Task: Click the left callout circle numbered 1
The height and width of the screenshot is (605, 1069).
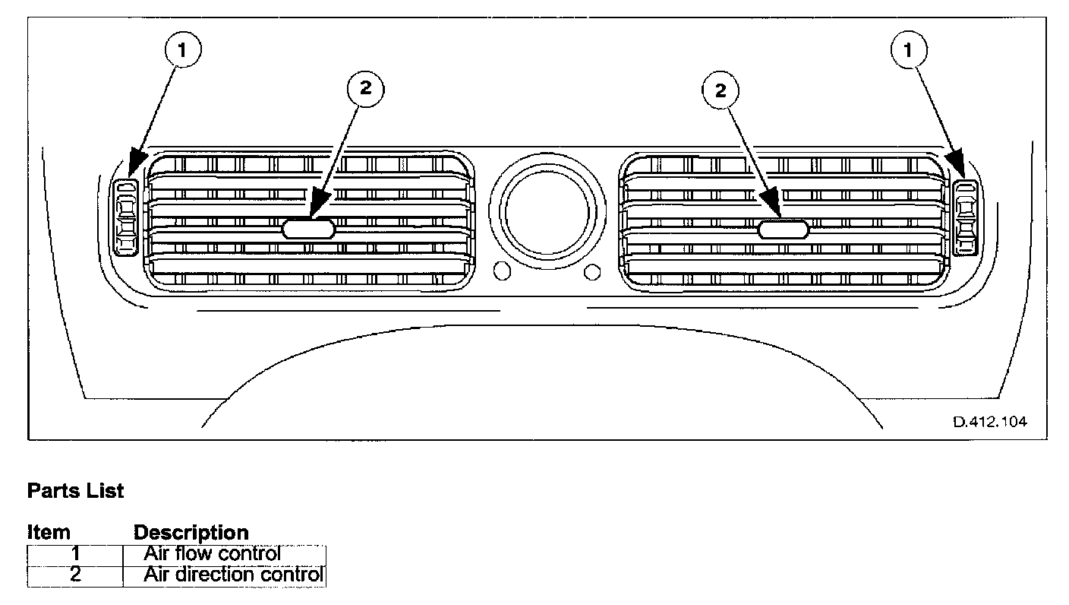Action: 181,51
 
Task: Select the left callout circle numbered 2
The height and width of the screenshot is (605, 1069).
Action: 365,89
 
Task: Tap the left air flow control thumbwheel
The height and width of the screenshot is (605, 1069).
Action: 125,217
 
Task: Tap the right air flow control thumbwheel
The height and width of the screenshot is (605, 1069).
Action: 965,217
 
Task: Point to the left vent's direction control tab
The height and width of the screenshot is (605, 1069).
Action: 308,228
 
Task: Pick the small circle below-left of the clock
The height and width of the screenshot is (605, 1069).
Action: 501,271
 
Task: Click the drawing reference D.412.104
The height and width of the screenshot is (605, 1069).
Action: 990,422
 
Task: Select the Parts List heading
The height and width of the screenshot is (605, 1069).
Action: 75,491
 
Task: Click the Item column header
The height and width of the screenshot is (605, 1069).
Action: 49,533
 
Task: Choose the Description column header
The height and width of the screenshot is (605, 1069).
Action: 191,533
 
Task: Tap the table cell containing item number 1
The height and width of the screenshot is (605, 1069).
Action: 75,555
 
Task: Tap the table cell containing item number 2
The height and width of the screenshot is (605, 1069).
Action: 75,575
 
